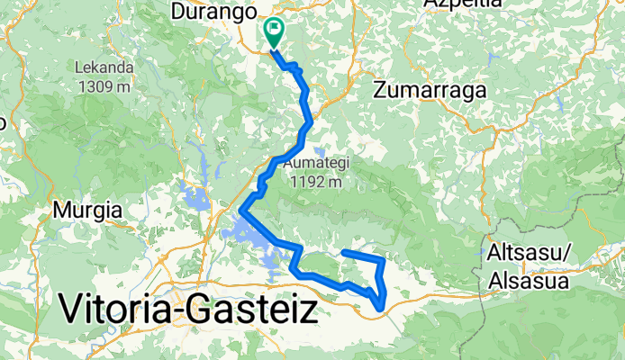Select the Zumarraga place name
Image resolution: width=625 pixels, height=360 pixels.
point(430,91)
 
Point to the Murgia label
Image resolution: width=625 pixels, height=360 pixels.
point(87,210)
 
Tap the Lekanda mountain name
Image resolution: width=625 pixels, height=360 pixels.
point(105,67)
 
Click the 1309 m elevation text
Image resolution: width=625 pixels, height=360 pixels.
point(105,85)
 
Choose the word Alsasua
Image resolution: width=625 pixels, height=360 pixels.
point(528,280)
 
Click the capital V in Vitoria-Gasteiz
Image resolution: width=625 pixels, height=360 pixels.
point(72,311)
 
